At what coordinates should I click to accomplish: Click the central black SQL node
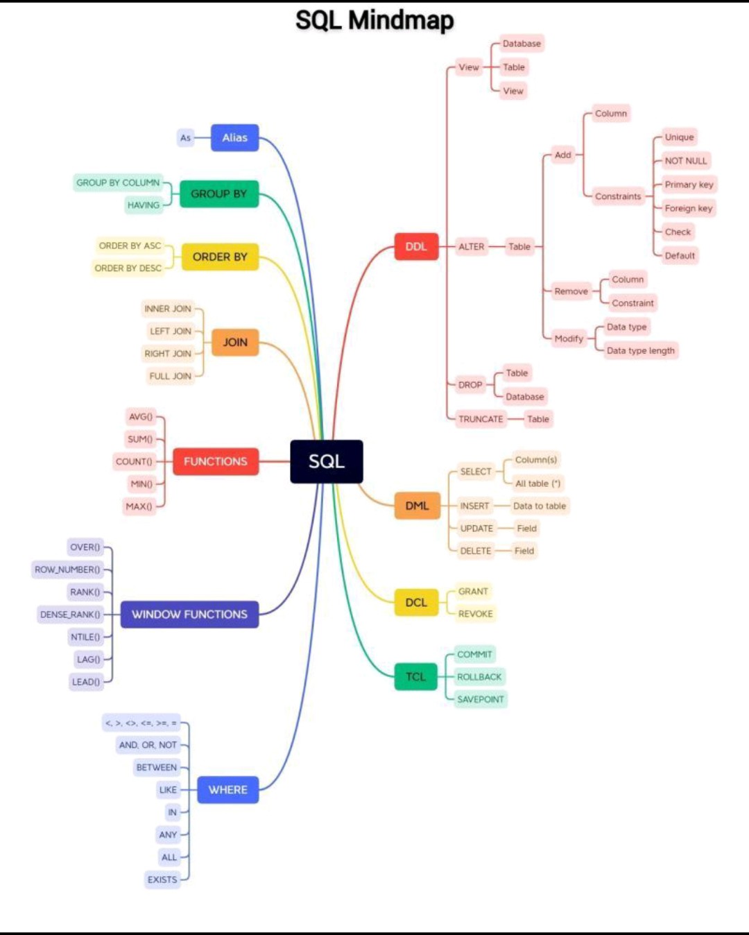click(x=326, y=461)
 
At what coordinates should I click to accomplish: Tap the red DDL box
click(x=416, y=246)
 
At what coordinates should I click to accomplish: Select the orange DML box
click(x=417, y=506)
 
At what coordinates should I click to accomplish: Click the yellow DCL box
click(x=416, y=602)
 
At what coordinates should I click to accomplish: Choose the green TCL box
click(x=415, y=676)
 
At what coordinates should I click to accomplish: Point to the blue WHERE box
click(x=227, y=789)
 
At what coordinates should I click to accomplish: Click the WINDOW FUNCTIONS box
click(x=189, y=614)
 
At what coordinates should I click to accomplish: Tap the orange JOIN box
click(x=235, y=342)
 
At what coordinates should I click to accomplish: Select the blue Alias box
click(x=234, y=137)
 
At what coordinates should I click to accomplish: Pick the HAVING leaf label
click(x=144, y=205)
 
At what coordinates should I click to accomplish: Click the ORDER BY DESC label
click(x=128, y=268)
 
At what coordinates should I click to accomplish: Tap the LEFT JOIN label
click(x=171, y=331)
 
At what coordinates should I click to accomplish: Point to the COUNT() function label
click(x=134, y=461)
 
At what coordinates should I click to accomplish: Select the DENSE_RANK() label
click(x=70, y=614)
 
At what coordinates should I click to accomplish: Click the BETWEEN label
click(x=157, y=767)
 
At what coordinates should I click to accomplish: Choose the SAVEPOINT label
click(x=481, y=699)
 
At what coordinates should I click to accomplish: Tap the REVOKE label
click(x=475, y=614)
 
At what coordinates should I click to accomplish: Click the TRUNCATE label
click(x=481, y=419)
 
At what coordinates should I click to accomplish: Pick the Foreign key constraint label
click(x=688, y=208)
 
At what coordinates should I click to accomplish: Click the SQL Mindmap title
click(x=374, y=20)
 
